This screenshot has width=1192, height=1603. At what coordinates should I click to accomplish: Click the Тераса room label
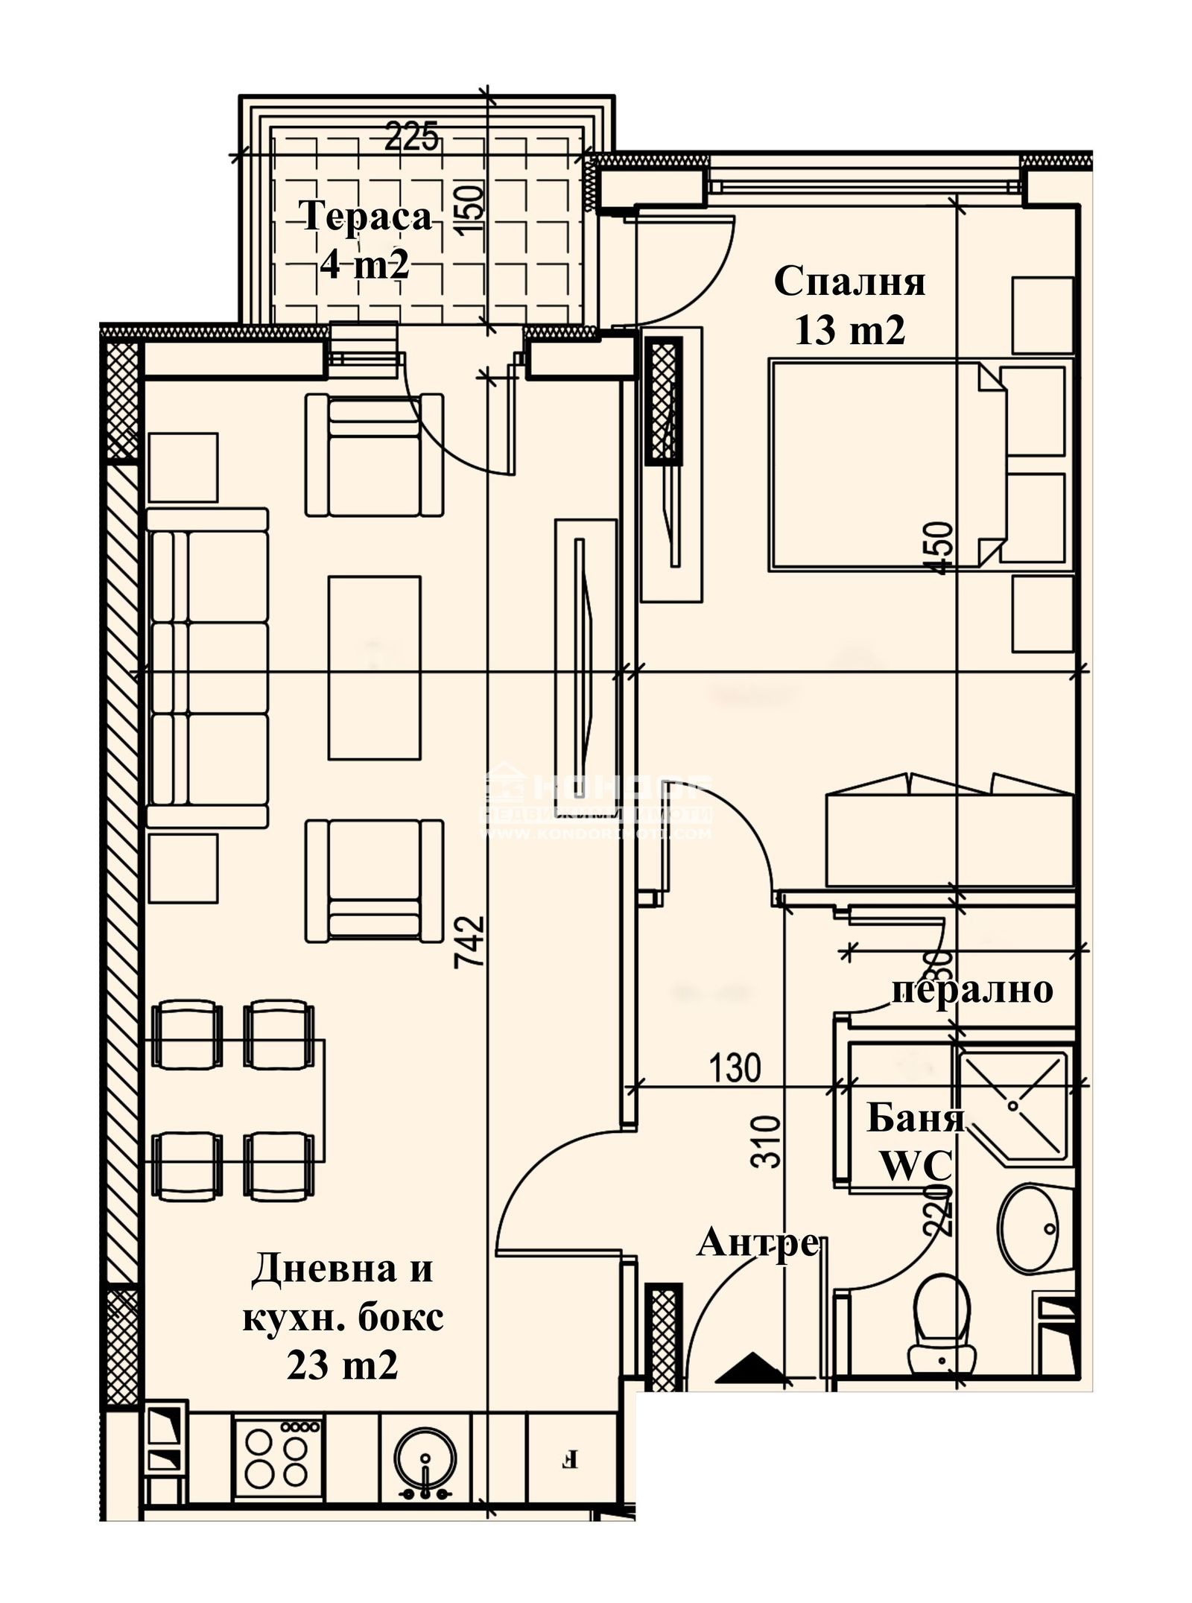[367, 218]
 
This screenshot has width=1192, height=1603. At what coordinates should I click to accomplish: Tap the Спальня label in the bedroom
[849, 282]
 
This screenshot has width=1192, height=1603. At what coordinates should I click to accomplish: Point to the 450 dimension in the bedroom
[940, 547]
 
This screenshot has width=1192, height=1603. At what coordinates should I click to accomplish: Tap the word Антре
[758, 1243]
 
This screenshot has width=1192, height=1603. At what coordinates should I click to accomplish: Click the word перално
[972, 990]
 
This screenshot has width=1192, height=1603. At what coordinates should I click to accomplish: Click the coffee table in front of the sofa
[374, 668]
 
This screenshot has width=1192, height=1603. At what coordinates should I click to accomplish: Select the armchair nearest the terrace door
[374, 454]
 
